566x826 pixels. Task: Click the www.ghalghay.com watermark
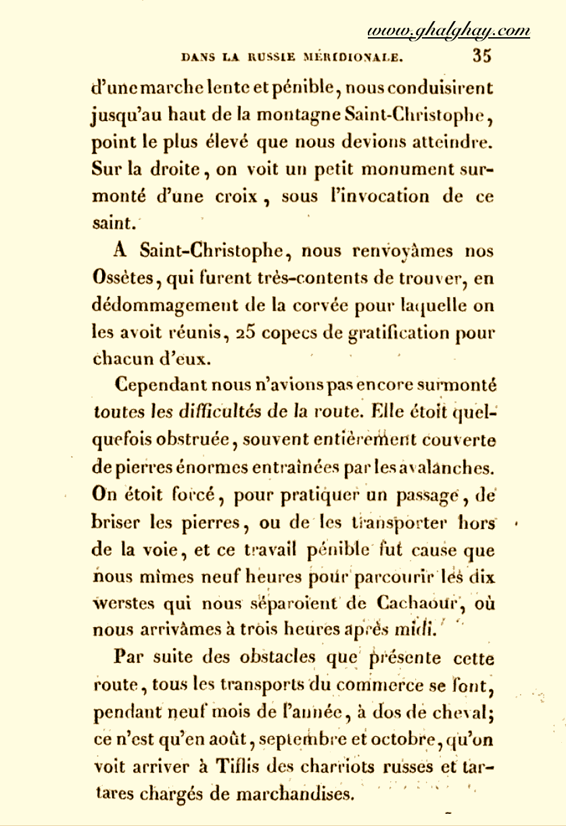point(448,31)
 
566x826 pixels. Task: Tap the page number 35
point(482,56)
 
